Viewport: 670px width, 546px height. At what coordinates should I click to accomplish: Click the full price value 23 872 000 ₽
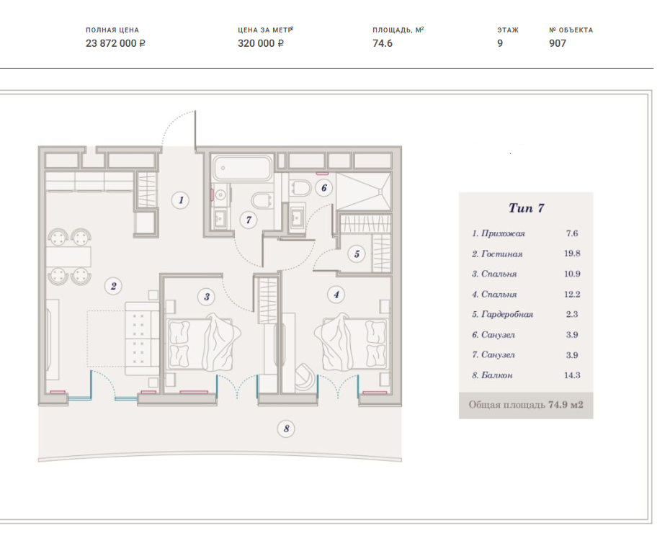coord(115,43)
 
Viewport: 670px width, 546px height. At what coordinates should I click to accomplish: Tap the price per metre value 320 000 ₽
coord(261,43)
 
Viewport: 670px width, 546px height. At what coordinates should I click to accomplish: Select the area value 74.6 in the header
coord(383,43)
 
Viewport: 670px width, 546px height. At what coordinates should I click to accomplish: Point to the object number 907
coord(558,43)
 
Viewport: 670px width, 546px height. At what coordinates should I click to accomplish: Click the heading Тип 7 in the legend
coord(527,208)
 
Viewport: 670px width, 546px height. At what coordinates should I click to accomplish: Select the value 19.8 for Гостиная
coord(572,254)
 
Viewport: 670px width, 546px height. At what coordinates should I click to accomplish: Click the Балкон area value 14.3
coord(572,375)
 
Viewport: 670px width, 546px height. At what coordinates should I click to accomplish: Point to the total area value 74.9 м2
coord(566,405)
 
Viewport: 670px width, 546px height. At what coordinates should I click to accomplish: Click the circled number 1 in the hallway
coord(181,200)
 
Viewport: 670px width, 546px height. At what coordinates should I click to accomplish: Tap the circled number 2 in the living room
coord(113,286)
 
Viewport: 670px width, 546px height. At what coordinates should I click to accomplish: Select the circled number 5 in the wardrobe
coord(357,254)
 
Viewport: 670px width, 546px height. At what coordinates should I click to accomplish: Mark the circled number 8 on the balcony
coord(286,429)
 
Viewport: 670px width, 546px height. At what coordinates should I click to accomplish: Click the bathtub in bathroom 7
coord(242,168)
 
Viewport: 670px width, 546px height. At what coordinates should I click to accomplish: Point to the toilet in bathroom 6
coord(300,187)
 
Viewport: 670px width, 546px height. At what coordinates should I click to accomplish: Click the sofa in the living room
coord(142,339)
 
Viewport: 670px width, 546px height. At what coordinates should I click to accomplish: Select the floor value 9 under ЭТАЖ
coord(500,43)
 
